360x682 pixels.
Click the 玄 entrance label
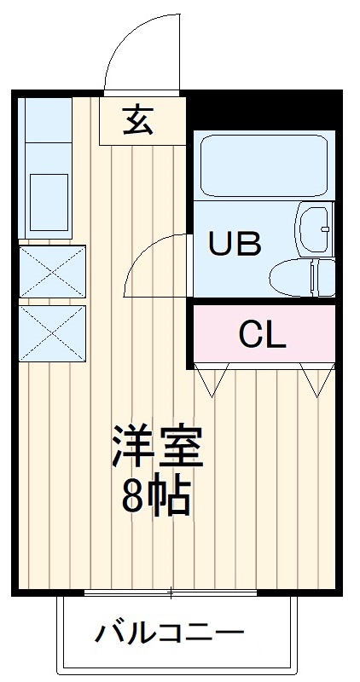138,121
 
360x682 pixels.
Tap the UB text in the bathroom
235,244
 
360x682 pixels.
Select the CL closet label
262,335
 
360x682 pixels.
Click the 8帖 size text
155,497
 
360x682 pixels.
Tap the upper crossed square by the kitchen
53,272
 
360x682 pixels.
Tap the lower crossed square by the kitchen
53,332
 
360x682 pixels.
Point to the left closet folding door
212,377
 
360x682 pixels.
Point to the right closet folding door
316,378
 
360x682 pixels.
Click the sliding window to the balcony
171,592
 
